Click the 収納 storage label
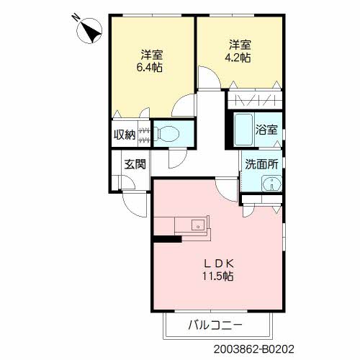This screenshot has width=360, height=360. pyautogui.click(x=124, y=134)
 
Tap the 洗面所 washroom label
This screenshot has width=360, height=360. pyautogui.click(x=261, y=163)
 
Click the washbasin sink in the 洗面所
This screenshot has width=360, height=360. pyautogui.click(x=271, y=184)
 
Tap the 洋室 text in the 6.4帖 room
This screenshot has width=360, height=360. pyautogui.click(x=150, y=55)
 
